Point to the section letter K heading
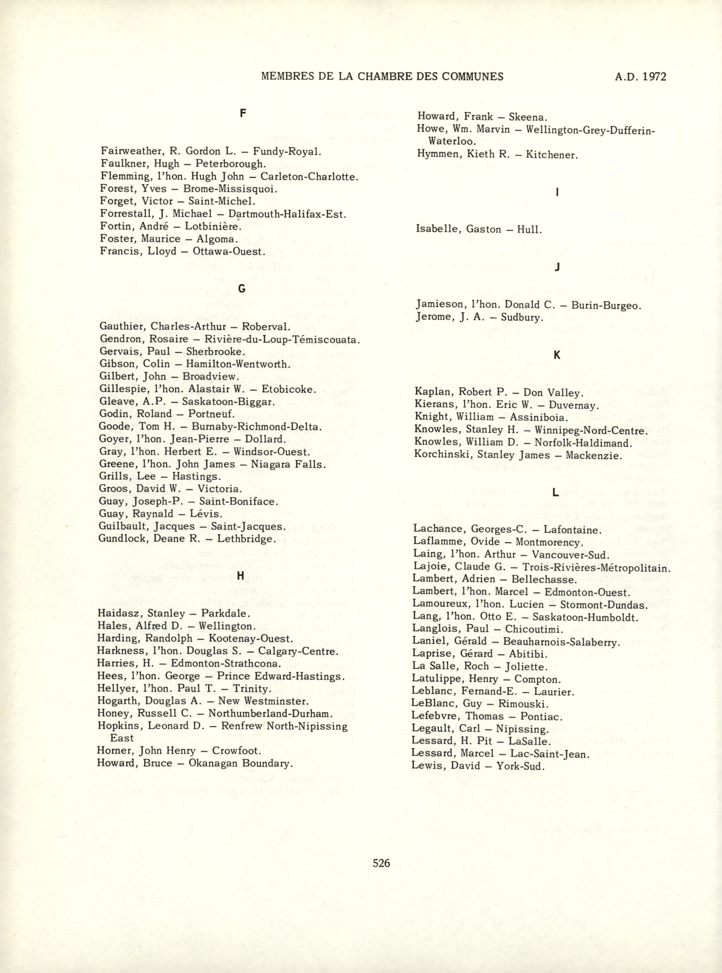pos(556,355)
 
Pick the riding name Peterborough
pos(230,164)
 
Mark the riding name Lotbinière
pos(213,227)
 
